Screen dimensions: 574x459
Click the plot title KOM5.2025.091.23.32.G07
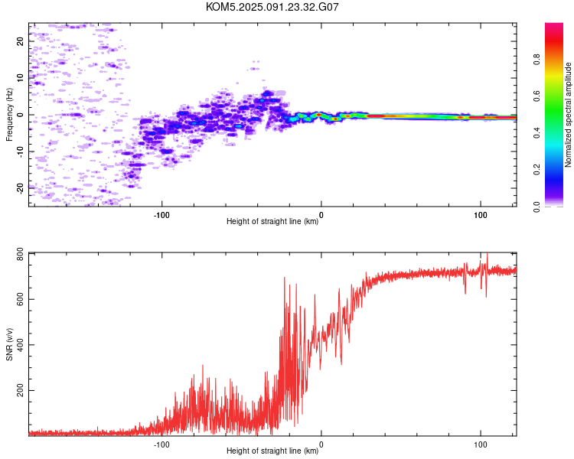[272, 7]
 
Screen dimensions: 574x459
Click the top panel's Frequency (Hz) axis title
[9, 115]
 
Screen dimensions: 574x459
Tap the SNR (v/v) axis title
[9, 344]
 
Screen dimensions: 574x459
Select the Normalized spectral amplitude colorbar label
[568, 115]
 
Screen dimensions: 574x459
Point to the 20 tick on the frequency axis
[20, 41]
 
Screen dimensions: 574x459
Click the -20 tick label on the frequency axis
[20, 188]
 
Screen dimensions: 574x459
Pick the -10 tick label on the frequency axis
[20, 152]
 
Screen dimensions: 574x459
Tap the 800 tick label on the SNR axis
[20, 255]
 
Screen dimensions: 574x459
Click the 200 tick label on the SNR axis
[20, 391]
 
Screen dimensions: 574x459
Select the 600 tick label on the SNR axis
[20, 299]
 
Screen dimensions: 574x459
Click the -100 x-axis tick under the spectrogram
[161, 215]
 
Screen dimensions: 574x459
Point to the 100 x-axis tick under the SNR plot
[481, 444]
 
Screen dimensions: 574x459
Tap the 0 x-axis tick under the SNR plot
[321, 444]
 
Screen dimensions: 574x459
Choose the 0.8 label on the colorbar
[536, 60]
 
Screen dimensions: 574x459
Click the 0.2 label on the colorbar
[536, 170]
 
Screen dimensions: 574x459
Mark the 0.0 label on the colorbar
[536, 207]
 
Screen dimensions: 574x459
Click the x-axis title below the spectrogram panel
[272, 221]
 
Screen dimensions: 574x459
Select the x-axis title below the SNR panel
[272, 451]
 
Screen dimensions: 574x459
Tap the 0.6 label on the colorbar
[536, 96]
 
